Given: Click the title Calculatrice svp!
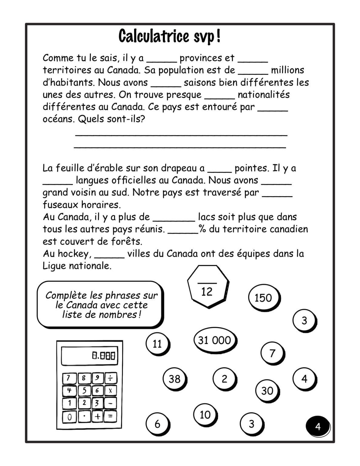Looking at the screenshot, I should pos(170,37).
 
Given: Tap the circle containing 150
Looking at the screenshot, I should pos(263,298).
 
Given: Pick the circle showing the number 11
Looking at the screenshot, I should pos(157,344).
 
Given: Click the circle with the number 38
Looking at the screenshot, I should pos(174,379).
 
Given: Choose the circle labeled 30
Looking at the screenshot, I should pos(267,390).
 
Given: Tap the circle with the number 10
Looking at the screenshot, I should pos(205,415).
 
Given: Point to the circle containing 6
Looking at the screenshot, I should pos(157,424).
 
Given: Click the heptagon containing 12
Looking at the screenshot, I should pos(207,287).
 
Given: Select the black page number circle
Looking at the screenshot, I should pos(318,427).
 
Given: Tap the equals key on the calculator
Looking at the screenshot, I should pos(110,417).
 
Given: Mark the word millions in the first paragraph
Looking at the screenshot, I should pos(287,70).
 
